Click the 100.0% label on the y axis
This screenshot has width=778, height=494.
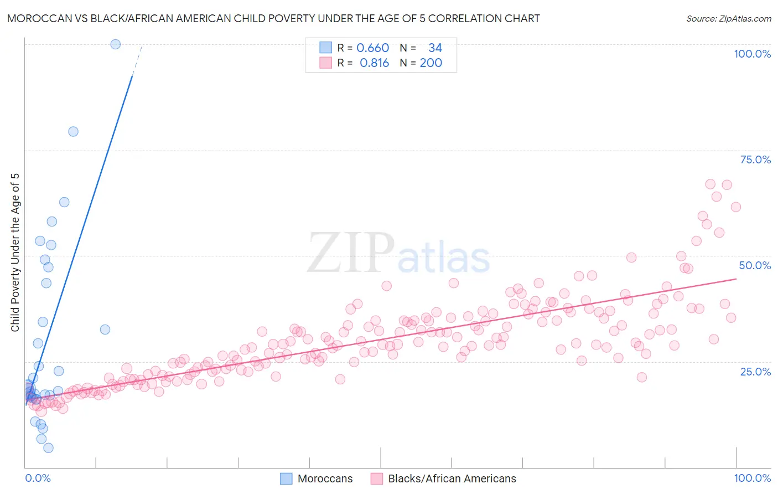click(x=752, y=54)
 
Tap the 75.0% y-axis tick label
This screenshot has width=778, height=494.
click(x=755, y=159)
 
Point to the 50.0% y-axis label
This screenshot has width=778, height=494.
click(x=755, y=265)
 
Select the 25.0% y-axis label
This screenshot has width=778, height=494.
click(x=755, y=371)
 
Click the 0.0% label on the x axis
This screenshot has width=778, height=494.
click(x=38, y=478)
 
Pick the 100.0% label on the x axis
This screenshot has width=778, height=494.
click(x=752, y=478)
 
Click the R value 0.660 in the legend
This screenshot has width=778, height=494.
click(x=372, y=48)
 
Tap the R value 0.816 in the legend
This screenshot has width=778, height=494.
click(x=374, y=63)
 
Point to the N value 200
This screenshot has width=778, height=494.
click(x=431, y=63)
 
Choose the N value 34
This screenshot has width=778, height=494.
click(x=435, y=48)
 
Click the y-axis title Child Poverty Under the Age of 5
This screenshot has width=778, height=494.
click(x=15, y=253)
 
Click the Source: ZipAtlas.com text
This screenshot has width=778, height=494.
click(x=728, y=19)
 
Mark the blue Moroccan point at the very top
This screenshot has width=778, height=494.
click(x=115, y=44)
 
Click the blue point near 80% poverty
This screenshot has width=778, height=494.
click(x=73, y=132)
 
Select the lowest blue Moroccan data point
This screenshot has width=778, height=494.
click(x=48, y=448)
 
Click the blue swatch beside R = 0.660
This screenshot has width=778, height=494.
click(x=325, y=48)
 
